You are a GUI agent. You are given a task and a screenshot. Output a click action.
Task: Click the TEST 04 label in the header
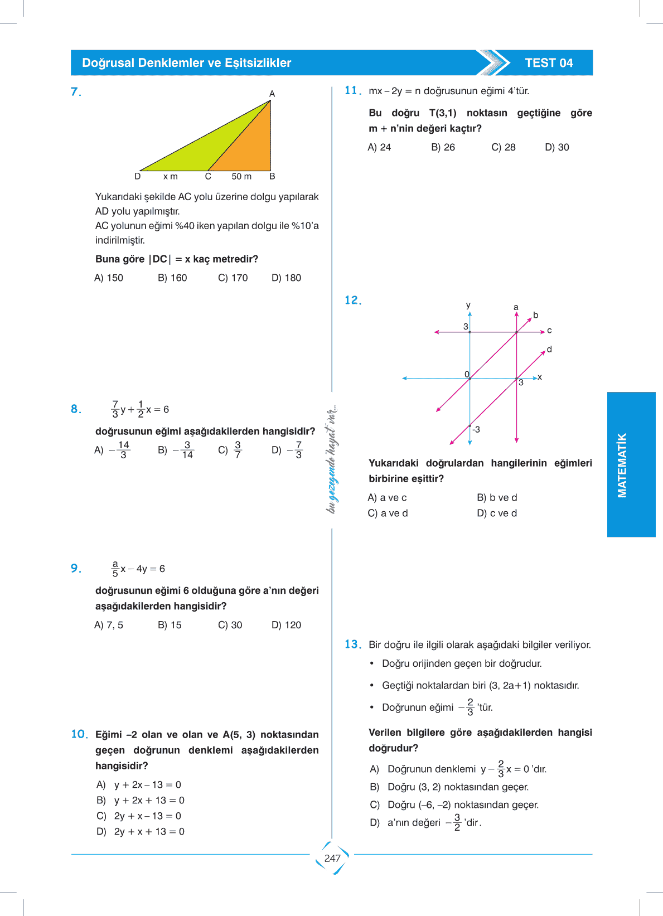point(549,63)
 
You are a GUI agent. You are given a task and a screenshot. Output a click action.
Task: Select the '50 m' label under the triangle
point(241,177)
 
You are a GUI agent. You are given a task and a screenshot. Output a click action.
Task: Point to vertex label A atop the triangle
point(272,94)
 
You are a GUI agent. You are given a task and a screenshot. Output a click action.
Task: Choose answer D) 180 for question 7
point(286,278)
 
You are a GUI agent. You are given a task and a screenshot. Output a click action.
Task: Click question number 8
point(76,409)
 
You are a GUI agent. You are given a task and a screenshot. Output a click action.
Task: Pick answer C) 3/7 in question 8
point(230,450)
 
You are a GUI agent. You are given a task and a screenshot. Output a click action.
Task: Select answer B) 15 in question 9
point(170,625)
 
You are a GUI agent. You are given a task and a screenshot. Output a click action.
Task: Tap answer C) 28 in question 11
point(503,147)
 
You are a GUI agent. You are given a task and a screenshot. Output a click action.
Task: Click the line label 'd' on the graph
point(549,350)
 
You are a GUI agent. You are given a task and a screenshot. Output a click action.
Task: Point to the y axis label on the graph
point(468,306)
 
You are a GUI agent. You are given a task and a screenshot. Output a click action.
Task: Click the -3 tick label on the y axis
point(476,429)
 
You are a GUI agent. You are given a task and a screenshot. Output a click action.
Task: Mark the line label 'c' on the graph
point(549,331)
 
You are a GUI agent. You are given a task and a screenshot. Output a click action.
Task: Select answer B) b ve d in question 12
point(497,497)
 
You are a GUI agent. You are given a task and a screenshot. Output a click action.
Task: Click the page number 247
point(332,859)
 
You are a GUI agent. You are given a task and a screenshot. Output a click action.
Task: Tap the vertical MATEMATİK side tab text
point(622,465)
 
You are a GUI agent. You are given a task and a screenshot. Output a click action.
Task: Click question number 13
point(352,644)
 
